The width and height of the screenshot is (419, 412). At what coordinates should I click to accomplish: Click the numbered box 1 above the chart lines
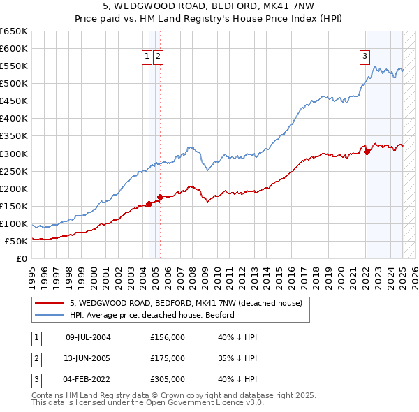pos(148,58)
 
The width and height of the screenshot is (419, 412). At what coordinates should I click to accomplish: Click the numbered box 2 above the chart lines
pos(159,58)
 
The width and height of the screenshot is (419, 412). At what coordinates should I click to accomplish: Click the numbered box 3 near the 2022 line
pos(365,58)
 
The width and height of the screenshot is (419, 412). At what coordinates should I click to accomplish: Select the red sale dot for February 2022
pos(367,152)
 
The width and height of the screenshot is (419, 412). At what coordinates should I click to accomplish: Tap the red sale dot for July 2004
pos(149,204)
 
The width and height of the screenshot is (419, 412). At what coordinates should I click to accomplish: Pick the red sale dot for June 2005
pos(160,197)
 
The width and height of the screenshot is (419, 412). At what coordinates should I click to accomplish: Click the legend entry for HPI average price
pos(152,315)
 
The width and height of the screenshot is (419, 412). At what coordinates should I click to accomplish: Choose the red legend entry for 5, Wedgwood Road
pos(185,303)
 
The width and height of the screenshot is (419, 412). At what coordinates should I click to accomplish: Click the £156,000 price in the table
pos(168,337)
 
